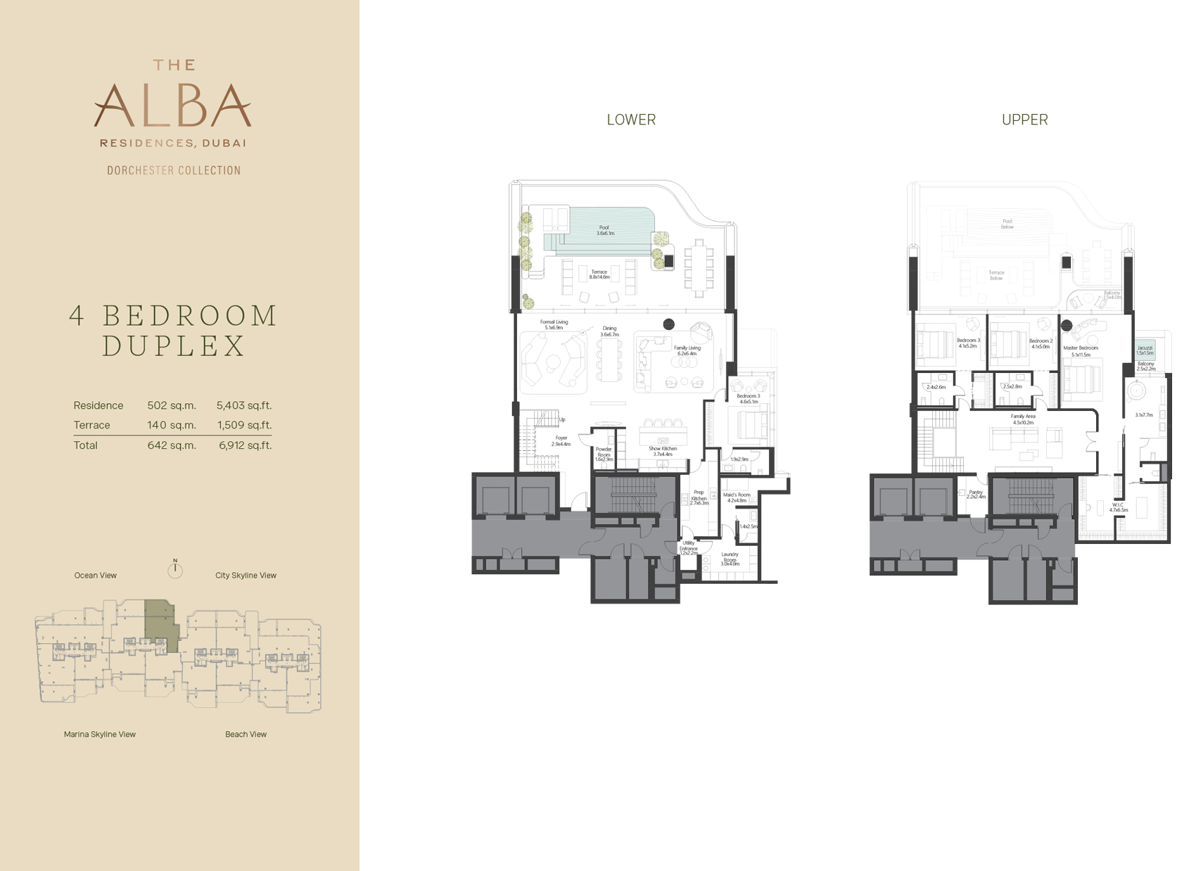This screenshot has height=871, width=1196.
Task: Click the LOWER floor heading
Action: [x=631, y=120]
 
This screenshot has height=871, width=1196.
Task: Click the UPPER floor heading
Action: [x=1024, y=120]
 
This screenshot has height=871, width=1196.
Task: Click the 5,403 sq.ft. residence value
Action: [x=243, y=405]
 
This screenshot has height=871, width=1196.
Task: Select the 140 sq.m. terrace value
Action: [x=172, y=425]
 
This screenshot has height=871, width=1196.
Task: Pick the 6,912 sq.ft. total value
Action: [x=245, y=445]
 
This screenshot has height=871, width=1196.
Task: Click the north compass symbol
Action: [x=175, y=569]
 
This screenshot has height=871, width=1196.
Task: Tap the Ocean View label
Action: [x=96, y=576]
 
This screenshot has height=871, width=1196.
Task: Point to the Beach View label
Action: [x=246, y=735]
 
